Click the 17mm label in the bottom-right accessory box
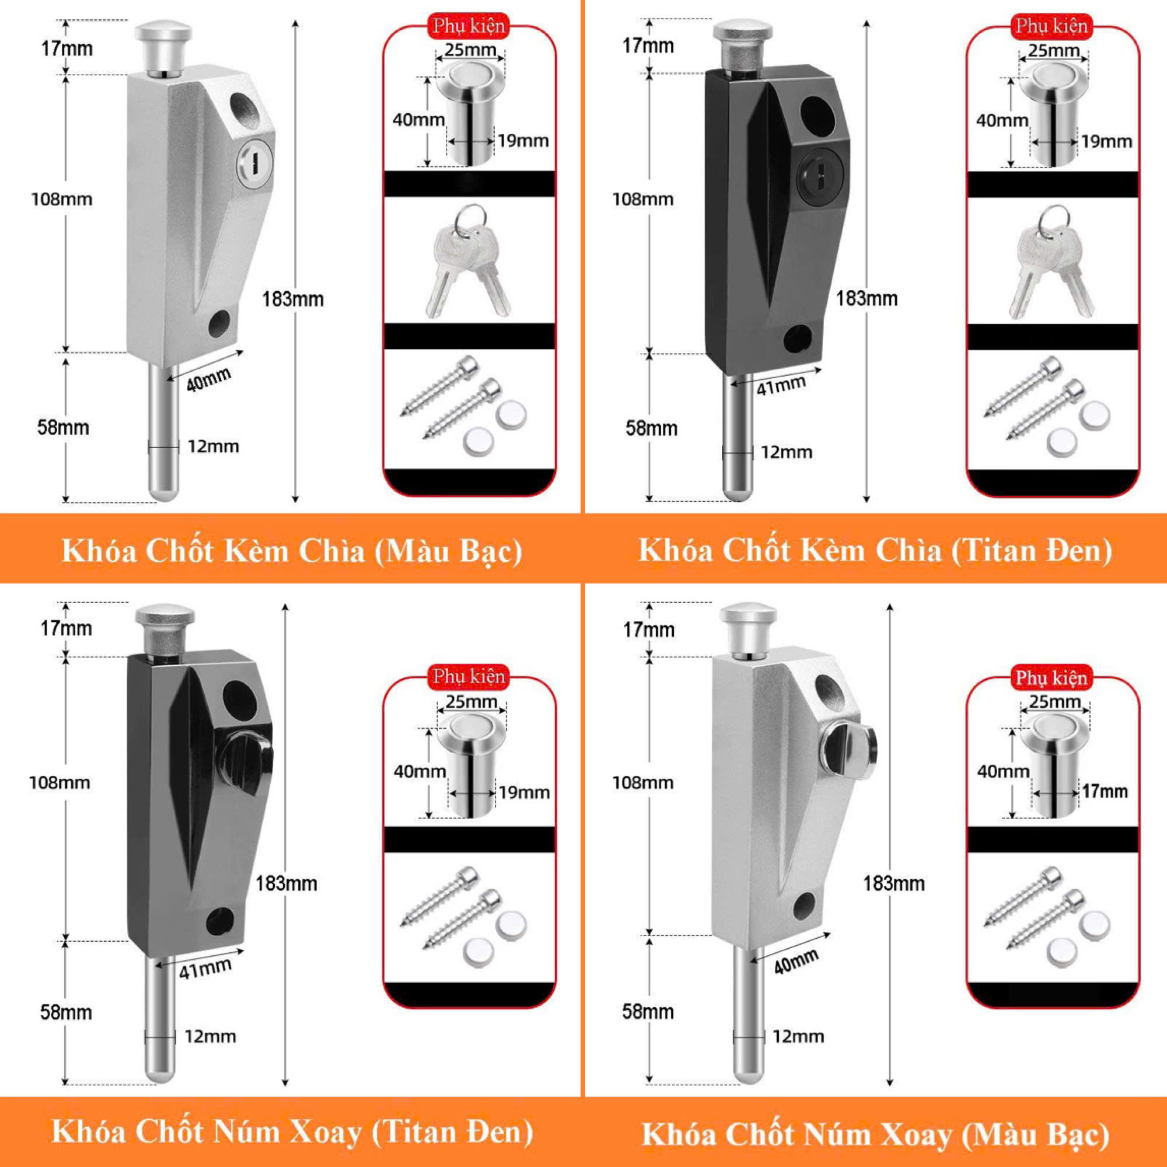pos(1105,791)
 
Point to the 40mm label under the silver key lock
pos(208,379)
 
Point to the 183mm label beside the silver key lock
pos(293,299)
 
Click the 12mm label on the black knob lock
pos(210,1036)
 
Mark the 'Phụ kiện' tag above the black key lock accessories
pos(1051,26)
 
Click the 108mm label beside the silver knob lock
pos(642,783)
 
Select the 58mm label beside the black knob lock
pos(66,1012)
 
